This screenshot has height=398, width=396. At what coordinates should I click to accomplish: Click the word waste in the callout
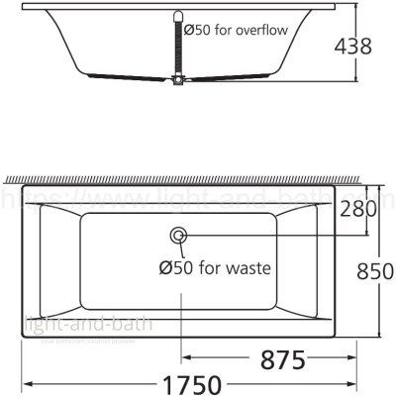tap(243, 266)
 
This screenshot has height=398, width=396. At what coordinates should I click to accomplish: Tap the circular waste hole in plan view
tap(179, 236)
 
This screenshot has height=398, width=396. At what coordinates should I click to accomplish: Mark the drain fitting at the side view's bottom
tap(179, 85)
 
